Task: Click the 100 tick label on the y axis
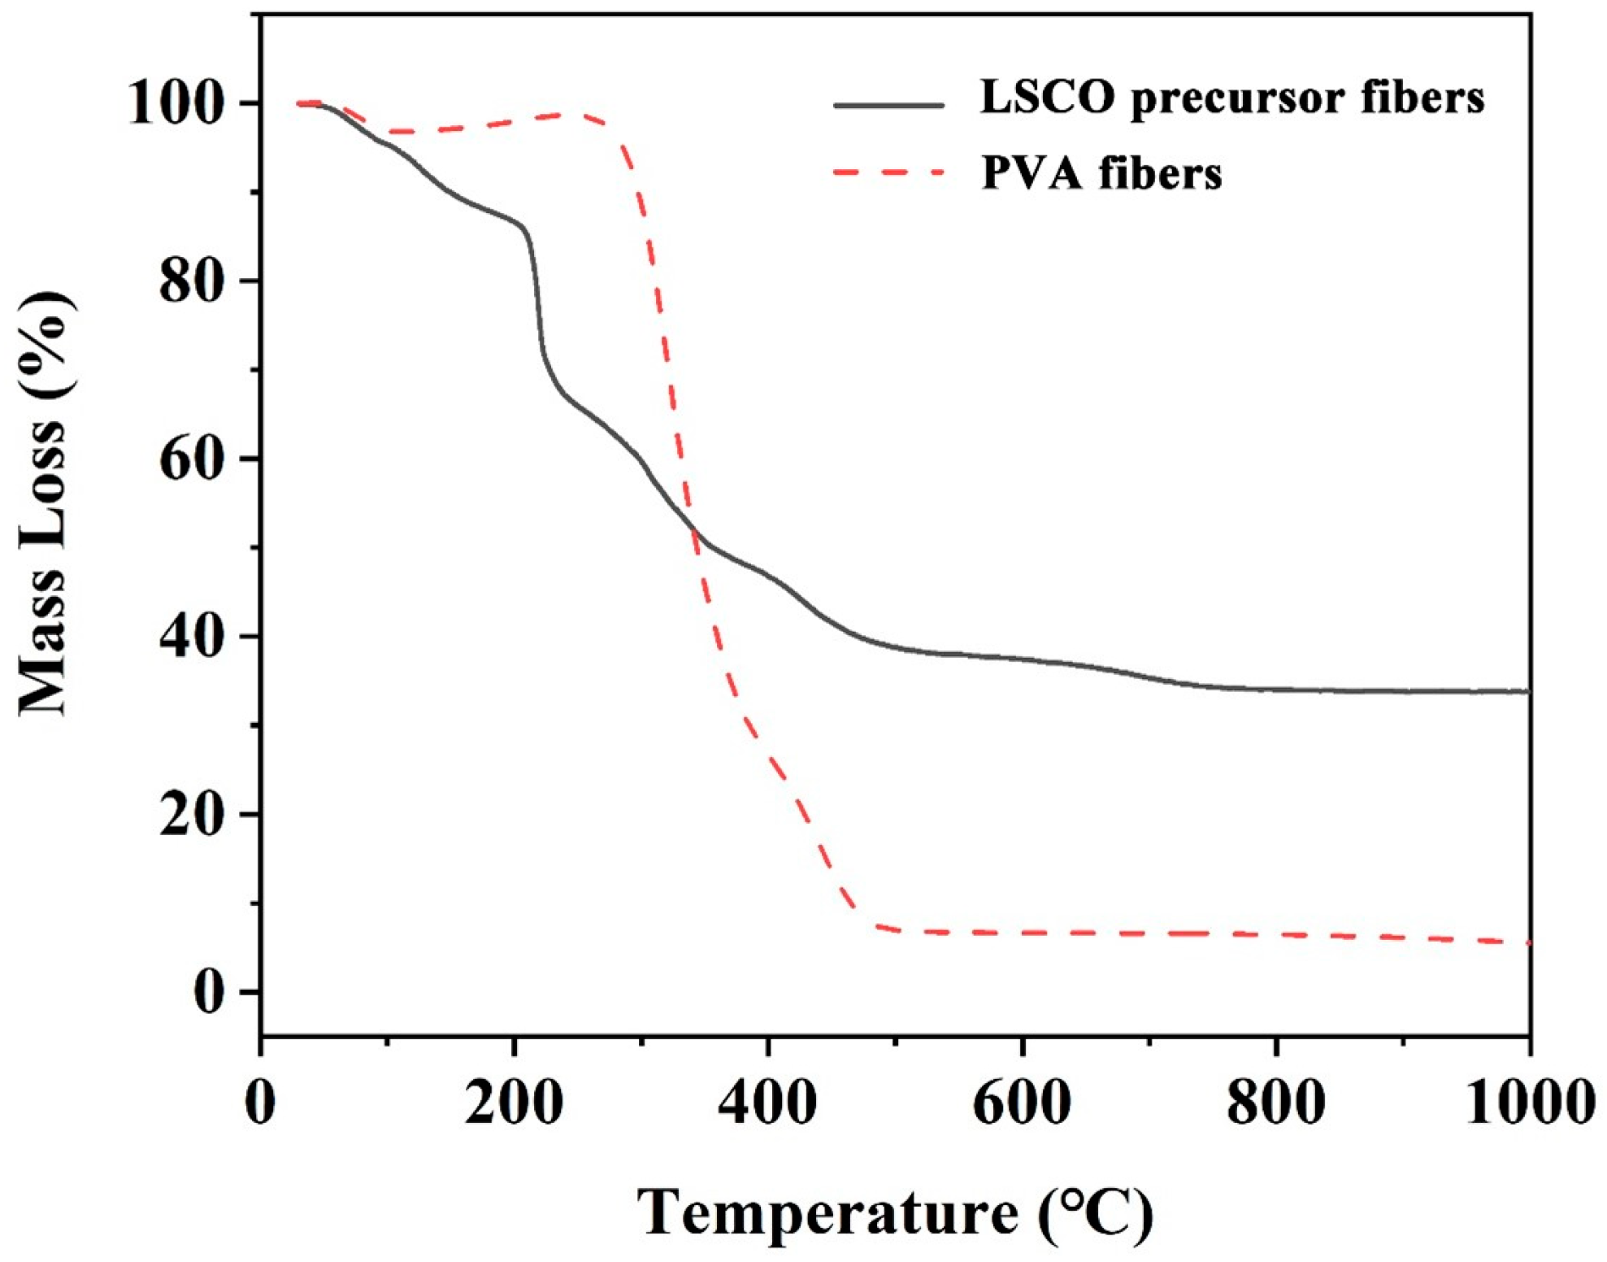pos(176,104)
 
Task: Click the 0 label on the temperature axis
pos(260,1103)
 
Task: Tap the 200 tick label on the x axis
pos(514,1103)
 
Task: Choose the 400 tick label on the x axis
pos(767,1103)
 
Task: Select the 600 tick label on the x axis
pos(1022,1103)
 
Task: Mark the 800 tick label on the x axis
pos(1275,1103)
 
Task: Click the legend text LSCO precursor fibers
pos(1232,99)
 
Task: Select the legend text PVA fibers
pos(1101,173)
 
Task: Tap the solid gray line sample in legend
pos(889,104)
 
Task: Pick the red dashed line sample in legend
pos(889,172)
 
